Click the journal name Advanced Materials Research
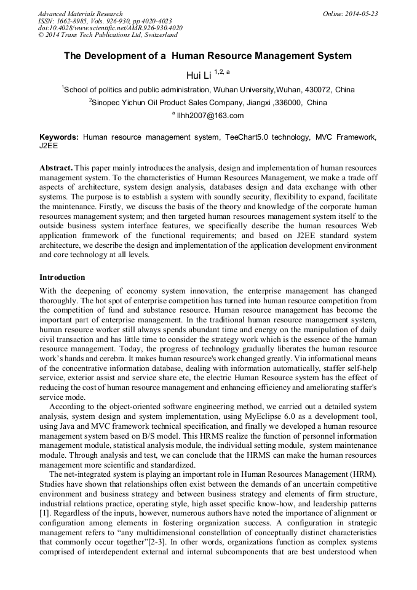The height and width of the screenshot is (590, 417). (80, 14)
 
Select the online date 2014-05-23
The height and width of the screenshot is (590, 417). (363, 14)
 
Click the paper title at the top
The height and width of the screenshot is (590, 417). (208, 56)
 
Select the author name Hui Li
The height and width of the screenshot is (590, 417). (198, 76)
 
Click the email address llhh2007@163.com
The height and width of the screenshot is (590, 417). (210, 116)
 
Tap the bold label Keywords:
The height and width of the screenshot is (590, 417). (59, 137)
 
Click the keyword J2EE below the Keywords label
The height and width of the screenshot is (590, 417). (49, 147)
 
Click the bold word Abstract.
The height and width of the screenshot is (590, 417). (56, 168)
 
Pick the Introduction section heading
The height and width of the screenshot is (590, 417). (62, 277)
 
